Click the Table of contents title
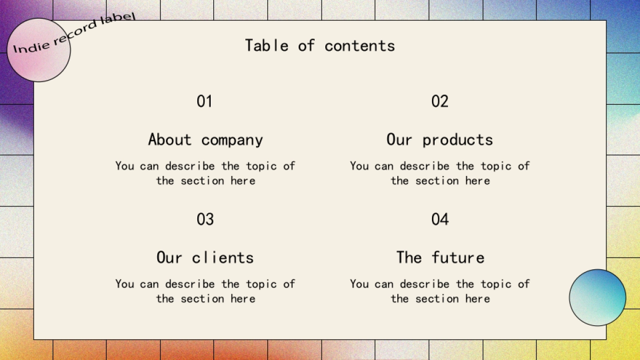click(320, 46)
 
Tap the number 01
click(205, 101)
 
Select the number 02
click(440, 101)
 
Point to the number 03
click(205, 219)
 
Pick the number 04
click(440, 219)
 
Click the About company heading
click(205, 140)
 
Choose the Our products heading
click(439, 140)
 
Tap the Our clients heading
click(205, 258)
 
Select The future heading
click(441, 257)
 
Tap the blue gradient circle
click(597, 298)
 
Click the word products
click(458, 140)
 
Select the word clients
click(222, 258)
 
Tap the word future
click(458, 257)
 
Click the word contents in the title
click(359, 46)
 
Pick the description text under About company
click(205, 173)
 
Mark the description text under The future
click(440, 291)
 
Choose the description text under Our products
click(440, 173)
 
